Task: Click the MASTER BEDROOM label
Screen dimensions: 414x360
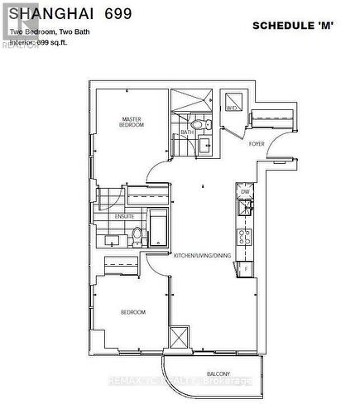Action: coord(132,122)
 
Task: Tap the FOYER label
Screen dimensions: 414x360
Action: coord(257,143)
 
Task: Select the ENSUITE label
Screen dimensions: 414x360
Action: coord(125,216)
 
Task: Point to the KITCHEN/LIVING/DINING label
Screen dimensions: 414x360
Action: coord(203,255)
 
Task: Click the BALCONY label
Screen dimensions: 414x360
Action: coord(219,372)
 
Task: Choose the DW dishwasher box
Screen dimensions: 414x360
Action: coord(245,191)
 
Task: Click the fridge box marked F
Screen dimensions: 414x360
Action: coord(245,268)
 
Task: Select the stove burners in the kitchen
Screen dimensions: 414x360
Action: coord(245,238)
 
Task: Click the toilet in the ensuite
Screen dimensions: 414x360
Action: coord(137,241)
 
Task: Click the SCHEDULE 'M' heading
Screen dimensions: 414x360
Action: coord(292,26)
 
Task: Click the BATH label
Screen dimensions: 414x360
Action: coord(188,132)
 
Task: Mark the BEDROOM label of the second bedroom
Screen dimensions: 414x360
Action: coord(132,312)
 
